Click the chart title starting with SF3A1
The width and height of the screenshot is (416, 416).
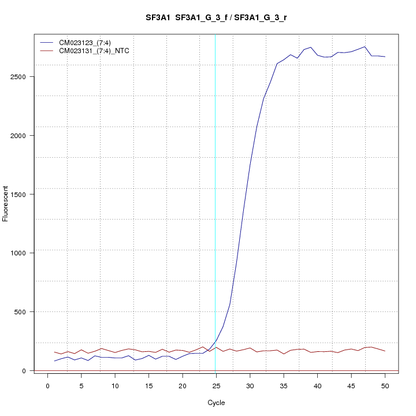pyautogui.click(x=217, y=18)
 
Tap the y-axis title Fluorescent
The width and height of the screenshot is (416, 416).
pyautogui.click(x=6, y=203)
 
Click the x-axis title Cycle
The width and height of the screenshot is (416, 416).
pyautogui.click(x=217, y=403)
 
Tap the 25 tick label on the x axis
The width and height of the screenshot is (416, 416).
pyautogui.click(x=216, y=385)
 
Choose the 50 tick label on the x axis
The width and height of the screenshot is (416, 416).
pyautogui.click(x=385, y=385)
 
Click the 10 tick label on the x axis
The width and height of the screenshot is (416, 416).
pyautogui.click(x=115, y=385)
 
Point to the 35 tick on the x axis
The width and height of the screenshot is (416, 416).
pyautogui.click(x=284, y=385)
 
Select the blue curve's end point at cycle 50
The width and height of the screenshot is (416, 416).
pyautogui.click(x=385, y=57)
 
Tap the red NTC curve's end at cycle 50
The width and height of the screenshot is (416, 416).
pyautogui.click(x=385, y=351)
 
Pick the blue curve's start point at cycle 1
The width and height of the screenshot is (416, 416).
pyautogui.click(x=54, y=361)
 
